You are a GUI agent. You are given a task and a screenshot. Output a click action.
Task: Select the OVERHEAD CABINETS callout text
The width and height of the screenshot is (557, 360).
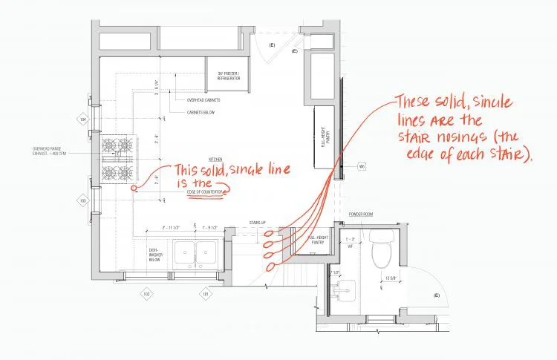pyautogui.click(x=204, y=100)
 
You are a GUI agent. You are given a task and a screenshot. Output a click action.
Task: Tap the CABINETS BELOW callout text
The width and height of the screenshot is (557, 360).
pyautogui.click(x=201, y=113)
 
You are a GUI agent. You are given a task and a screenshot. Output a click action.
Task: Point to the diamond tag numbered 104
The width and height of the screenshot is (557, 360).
pyautogui.click(x=83, y=119)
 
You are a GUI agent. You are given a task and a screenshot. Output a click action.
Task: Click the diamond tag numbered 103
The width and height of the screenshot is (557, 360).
pyautogui.click(x=83, y=200)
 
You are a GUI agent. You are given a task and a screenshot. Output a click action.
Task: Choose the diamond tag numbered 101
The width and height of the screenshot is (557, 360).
pyautogui.click(x=205, y=294)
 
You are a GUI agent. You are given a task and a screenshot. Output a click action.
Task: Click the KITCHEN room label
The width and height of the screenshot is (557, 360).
pyautogui.click(x=215, y=160)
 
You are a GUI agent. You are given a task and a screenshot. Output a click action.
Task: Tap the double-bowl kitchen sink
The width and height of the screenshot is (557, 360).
pyautogui.click(x=195, y=254)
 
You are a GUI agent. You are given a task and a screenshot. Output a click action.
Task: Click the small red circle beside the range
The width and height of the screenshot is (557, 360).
pyautogui.click(x=134, y=189)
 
